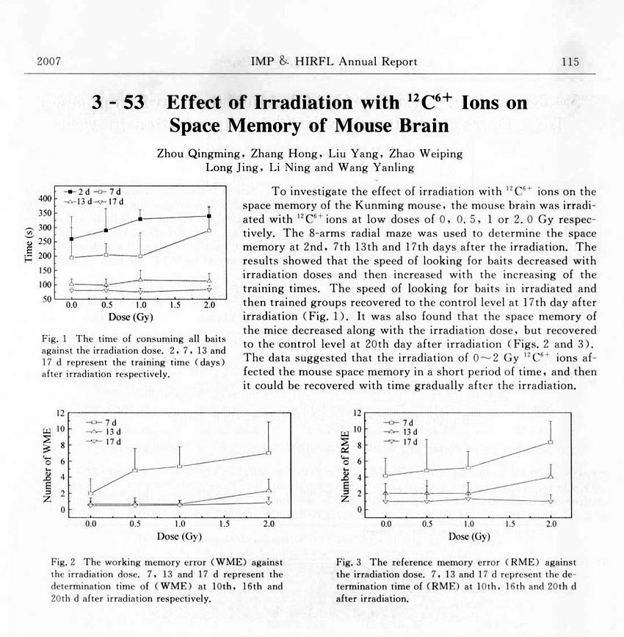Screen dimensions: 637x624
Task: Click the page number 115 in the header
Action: click(570, 62)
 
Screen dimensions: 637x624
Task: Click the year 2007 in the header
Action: click(48, 62)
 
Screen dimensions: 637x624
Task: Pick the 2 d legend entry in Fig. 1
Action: click(80, 192)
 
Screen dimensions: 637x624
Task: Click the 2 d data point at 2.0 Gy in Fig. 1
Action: click(209, 216)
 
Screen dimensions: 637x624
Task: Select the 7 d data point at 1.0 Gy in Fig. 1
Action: click(140, 256)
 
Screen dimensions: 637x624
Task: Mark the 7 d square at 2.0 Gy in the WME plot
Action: click(269, 453)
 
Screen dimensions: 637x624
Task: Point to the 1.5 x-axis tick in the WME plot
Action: click(224, 524)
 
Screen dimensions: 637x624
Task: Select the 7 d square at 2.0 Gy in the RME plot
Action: click(551, 442)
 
